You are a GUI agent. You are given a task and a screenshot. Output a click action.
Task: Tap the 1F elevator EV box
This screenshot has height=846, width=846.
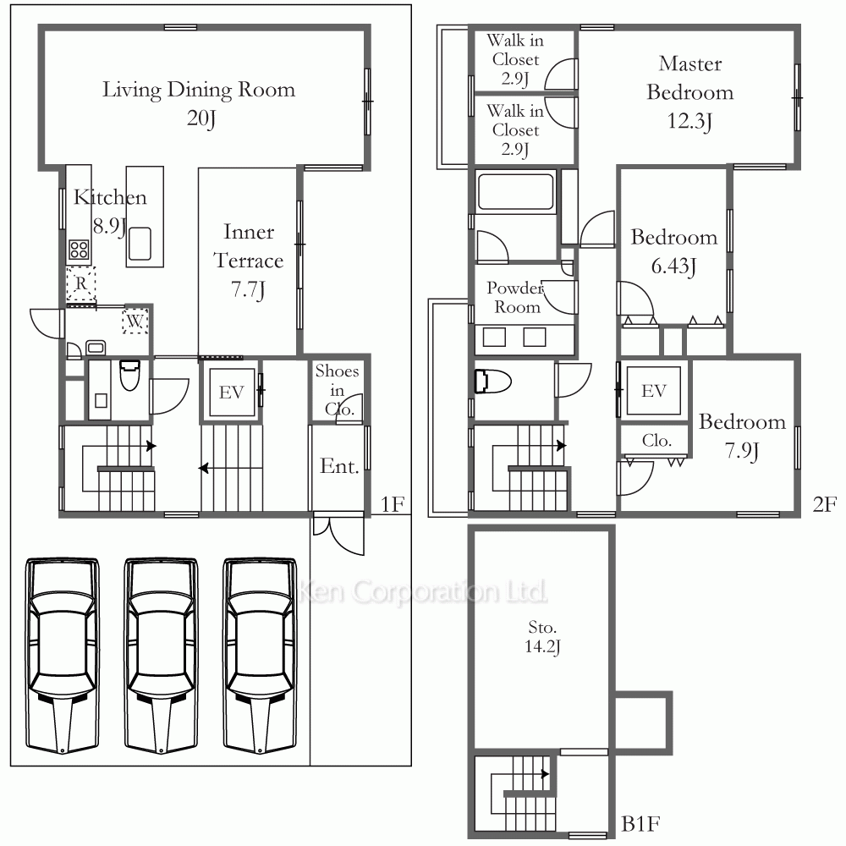pos(232,393)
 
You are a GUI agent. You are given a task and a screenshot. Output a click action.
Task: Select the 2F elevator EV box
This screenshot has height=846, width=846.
pos(653,390)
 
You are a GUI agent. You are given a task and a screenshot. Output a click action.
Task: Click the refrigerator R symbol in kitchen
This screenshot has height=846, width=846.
pos(81,283)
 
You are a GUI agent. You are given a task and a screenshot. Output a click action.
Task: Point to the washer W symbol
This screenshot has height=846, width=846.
pos(135,321)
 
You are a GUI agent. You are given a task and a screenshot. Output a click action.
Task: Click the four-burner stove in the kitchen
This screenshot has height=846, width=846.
pos(79,250)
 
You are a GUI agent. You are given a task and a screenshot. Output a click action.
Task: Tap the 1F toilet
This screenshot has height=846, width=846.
pos(129,375)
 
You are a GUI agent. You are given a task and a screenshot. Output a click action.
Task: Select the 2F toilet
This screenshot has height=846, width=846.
pos(492,381)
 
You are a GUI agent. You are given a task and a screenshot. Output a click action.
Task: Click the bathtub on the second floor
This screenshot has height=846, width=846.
pos(515,191)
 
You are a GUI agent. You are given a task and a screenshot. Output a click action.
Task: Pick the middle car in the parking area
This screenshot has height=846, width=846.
pos(161,656)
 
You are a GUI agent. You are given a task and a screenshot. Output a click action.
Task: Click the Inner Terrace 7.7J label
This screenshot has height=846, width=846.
pos(248,261)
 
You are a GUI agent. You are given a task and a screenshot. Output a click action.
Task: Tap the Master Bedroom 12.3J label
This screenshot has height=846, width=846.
pos(690,92)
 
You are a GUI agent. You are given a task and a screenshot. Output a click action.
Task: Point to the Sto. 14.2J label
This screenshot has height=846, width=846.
pos(542,637)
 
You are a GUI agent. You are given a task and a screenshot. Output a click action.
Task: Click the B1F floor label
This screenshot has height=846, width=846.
pos(640,824)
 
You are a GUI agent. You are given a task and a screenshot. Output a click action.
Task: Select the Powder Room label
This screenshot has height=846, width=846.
pos(514,297)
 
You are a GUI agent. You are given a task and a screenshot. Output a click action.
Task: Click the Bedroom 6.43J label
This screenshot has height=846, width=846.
pos(674,251)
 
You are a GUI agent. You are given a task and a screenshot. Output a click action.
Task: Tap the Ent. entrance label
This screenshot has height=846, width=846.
pos(339,466)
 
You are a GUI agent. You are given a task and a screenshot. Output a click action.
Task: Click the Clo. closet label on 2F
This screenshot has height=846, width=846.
pos(656,440)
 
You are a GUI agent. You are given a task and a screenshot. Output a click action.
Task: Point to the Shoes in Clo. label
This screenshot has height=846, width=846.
pos(337,389)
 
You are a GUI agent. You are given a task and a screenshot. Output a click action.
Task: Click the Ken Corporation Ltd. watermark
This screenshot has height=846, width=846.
pos(422,591)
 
